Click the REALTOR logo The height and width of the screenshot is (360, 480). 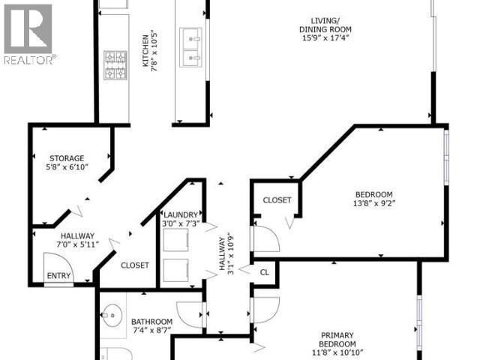click(28, 34)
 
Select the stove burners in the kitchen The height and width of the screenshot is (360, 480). click(115, 65)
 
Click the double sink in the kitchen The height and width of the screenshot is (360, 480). click(190, 45)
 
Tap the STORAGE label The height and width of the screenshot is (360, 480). click(67, 158)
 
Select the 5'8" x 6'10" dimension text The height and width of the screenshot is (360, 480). click(67, 167)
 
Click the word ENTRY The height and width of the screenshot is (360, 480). click(58, 276)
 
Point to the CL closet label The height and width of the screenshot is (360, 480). click(264, 272)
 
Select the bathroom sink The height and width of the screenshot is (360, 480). click(112, 313)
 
